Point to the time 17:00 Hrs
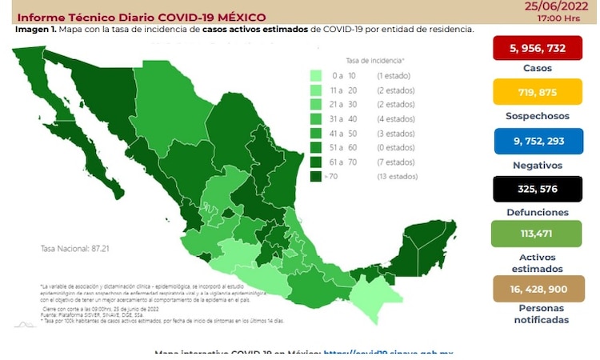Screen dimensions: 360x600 click(560, 16)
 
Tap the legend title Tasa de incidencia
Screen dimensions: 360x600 click(374, 60)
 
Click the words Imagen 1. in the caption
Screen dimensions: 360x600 click(33, 30)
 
